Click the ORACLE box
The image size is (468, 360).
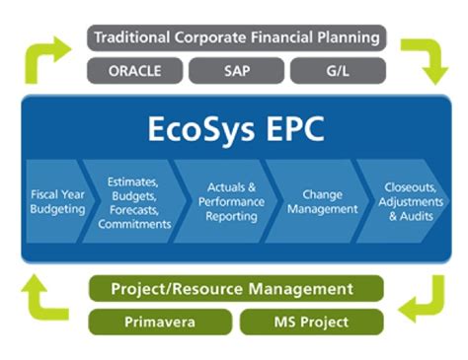click(135, 72)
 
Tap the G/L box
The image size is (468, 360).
click(336, 72)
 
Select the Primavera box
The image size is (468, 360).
click(160, 322)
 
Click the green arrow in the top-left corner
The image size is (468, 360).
click(47, 59)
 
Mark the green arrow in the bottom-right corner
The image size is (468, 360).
click(425, 301)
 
